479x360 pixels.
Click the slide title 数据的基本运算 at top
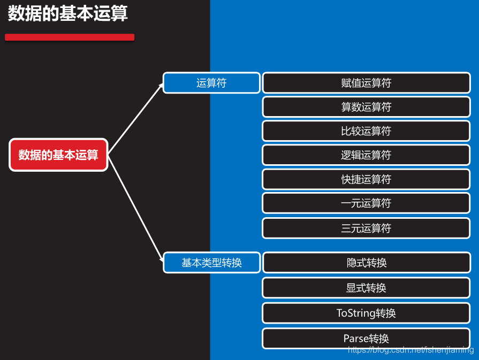pyautogui.click(x=68, y=14)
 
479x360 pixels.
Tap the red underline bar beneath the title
pyautogui.click(x=70, y=37)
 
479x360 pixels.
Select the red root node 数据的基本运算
pyautogui.click(x=58, y=155)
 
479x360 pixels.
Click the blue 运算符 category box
pyautogui.click(x=211, y=83)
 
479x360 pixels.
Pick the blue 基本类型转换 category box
pyautogui.click(x=211, y=263)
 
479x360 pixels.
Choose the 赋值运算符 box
pyautogui.click(x=366, y=83)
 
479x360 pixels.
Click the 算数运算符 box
pyautogui.click(x=366, y=107)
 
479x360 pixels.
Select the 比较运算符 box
pyautogui.click(x=366, y=131)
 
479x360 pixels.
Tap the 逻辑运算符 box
pyautogui.click(x=366, y=155)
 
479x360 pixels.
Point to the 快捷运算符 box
pyautogui.click(x=366, y=179)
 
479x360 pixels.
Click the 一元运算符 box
pyautogui.click(x=366, y=203)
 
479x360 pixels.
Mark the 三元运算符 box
pyautogui.click(x=366, y=228)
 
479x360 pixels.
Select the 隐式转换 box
pyautogui.click(x=366, y=263)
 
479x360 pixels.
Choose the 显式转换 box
pyautogui.click(x=366, y=288)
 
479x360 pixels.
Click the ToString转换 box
pyautogui.click(x=366, y=313)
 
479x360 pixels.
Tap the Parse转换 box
pyautogui.click(x=366, y=338)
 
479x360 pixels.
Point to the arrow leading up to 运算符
pyautogui.click(x=135, y=119)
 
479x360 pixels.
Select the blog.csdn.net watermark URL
pyautogui.click(x=410, y=350)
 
